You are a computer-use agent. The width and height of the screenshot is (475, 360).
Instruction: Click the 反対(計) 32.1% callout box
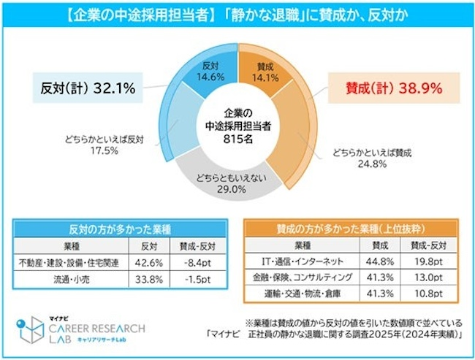pos(87,89)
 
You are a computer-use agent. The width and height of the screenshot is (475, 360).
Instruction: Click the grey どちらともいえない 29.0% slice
pos(237,182)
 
